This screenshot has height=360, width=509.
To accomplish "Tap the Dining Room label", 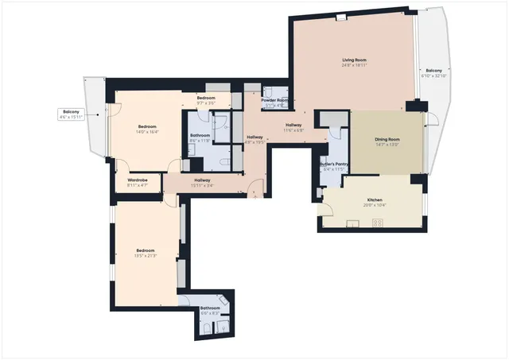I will tap(386, 140).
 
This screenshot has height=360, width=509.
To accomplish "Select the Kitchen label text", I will tap(375, 199).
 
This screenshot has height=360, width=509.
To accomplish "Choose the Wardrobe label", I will tap(138, 180).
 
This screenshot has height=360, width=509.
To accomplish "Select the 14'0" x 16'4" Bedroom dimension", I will tap(148, 133).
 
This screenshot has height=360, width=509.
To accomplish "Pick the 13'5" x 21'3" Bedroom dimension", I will tap(146, 257).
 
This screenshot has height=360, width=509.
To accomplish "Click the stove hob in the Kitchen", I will tap(377, 222).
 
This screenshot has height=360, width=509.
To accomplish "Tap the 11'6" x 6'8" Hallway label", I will tap(294, 126).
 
